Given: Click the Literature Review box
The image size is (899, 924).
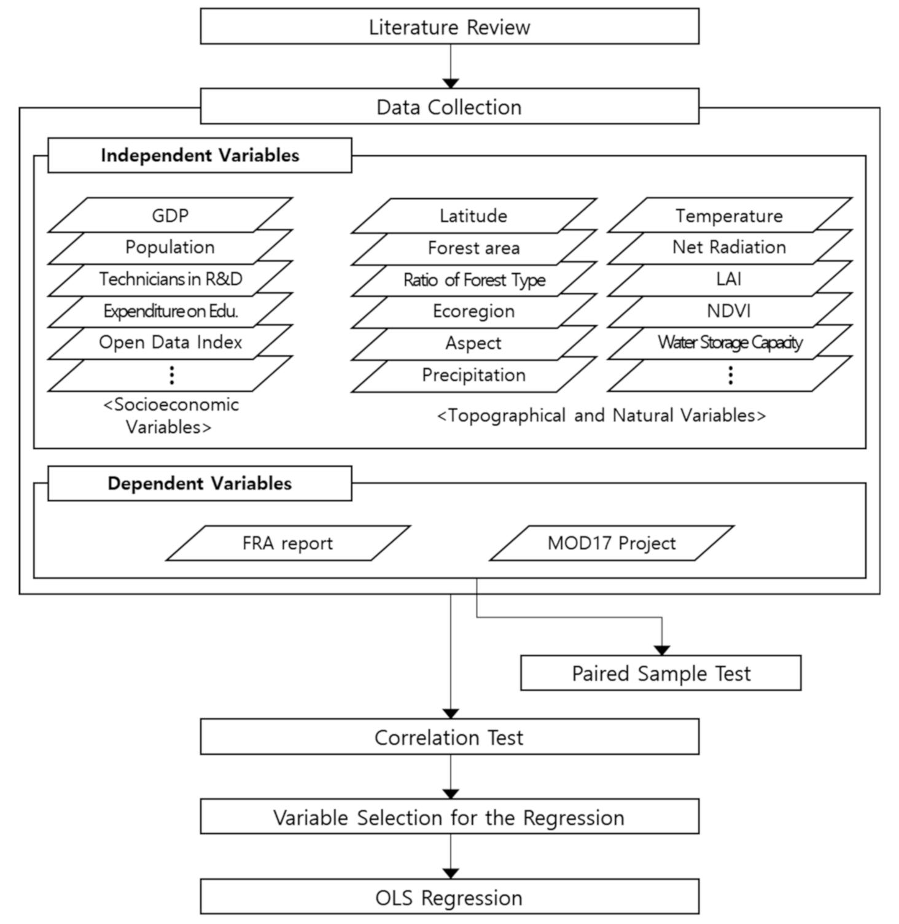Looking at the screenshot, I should coord(449,26).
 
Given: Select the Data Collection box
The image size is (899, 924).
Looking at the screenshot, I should coord(449,106).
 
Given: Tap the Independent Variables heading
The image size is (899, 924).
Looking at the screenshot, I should coord(200,155).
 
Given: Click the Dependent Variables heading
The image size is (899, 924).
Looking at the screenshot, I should coord(200,483).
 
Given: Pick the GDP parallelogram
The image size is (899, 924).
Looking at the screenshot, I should coord(170,215).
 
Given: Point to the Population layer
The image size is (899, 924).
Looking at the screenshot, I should coord(170,247).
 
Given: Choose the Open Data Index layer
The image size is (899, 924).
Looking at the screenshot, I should coord(170,343).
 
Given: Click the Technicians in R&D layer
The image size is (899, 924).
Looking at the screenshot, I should coord(170,279).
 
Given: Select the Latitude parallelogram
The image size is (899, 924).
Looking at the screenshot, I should coord(473,215).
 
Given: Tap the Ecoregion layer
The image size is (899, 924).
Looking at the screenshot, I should coord(473,311).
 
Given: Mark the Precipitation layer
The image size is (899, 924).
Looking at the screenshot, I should coord(473,375).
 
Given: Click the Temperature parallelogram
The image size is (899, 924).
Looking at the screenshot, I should coord(730,215).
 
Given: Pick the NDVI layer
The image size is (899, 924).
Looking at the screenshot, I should coord(730,311).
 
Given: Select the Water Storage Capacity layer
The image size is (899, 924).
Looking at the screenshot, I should coord(730,343).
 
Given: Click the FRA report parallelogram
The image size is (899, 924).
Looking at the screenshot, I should coord(288,543).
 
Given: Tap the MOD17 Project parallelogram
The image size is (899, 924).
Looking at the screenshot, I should coord(612,543).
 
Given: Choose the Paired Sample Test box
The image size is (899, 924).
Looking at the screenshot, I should coord(661,674).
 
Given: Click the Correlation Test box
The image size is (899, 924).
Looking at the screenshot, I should coord(449,737).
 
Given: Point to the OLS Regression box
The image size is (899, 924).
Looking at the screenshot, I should coord(449,897).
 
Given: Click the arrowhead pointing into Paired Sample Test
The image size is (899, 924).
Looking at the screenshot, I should coord(661,650).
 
